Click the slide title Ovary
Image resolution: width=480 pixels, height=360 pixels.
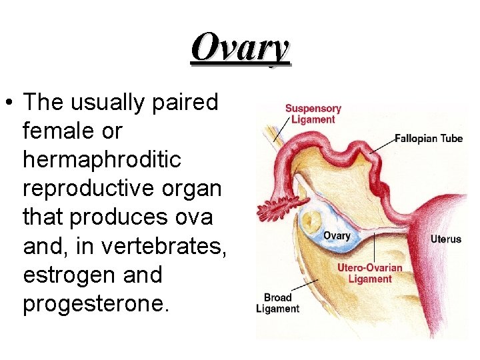[240, 49]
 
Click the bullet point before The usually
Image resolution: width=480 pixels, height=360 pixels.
[11, 104]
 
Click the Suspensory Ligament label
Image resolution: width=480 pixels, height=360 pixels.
[313, 114]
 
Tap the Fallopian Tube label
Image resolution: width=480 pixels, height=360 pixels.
[428, 139]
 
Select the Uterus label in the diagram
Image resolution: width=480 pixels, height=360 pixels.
[445, 239]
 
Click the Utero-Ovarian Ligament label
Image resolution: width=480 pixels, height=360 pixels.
[369, 273]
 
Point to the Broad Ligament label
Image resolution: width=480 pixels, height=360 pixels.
[277, 303]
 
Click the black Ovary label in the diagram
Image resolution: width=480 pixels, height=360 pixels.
[336, 236]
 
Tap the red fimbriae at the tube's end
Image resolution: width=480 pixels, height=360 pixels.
[279, 209]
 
